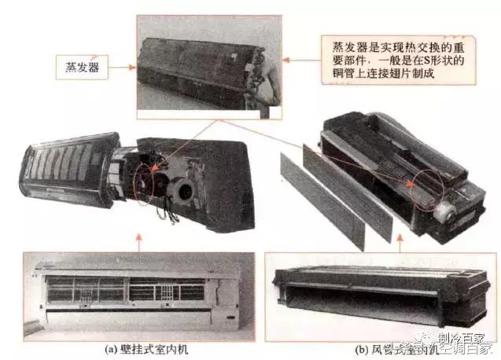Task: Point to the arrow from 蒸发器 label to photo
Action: tap(120, 68)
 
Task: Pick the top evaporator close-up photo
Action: tap(208, 67)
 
